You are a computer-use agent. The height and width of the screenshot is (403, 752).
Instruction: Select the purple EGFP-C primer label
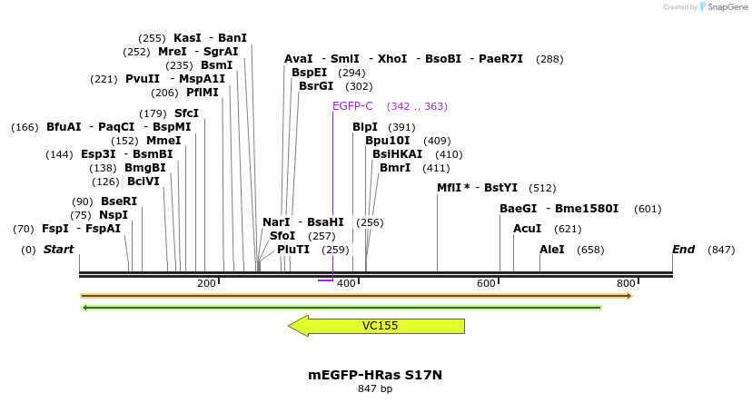tap(352, 106)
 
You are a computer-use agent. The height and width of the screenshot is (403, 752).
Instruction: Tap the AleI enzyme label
tap(552, 250)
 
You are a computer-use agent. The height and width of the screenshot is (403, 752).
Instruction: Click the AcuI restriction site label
tap(528, 229)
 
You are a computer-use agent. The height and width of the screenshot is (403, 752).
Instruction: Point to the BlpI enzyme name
tap(365, 127)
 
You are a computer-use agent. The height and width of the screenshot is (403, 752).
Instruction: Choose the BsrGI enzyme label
tap(316, 86)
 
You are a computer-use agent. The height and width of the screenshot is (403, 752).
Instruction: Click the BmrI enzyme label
tap(395, 168)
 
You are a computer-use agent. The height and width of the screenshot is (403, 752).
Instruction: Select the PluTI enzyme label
tap(293, 250)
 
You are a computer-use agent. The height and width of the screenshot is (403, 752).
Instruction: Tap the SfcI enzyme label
tap(186, 113)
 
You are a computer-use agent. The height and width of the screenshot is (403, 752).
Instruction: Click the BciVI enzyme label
tap(143, 182)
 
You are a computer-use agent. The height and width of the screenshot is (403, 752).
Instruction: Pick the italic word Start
tap(58, 250)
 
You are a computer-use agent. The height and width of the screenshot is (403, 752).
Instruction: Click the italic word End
tap(683, 250)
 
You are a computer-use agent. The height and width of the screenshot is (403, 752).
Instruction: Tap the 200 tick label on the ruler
tap(206, 284)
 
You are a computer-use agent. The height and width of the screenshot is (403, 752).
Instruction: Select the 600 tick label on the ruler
tap(487, 284)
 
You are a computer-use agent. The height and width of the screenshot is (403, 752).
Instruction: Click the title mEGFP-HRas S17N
tap(375, 374)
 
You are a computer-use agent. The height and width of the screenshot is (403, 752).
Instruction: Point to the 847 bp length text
tap(375, 388)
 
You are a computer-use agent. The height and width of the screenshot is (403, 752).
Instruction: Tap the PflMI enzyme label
tap(203, 93)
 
